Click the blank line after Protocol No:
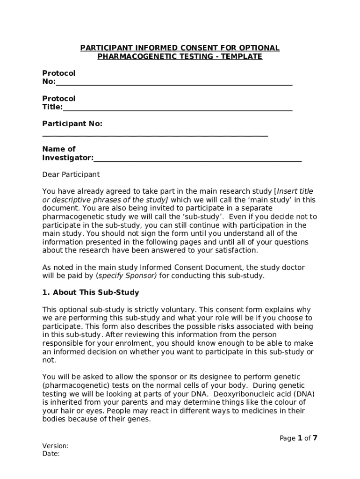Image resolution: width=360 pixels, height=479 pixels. (174, 83)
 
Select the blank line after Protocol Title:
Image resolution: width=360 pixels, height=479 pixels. (178, 109)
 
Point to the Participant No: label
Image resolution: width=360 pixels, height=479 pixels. (72, 124)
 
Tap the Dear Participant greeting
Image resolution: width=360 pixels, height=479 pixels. (71, 174)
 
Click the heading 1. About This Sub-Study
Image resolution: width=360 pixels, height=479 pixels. (91, 292)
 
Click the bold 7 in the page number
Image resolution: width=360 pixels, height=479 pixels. (315, 438)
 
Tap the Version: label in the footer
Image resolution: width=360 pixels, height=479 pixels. (55, 446)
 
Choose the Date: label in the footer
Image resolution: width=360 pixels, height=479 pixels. (50, 454)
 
